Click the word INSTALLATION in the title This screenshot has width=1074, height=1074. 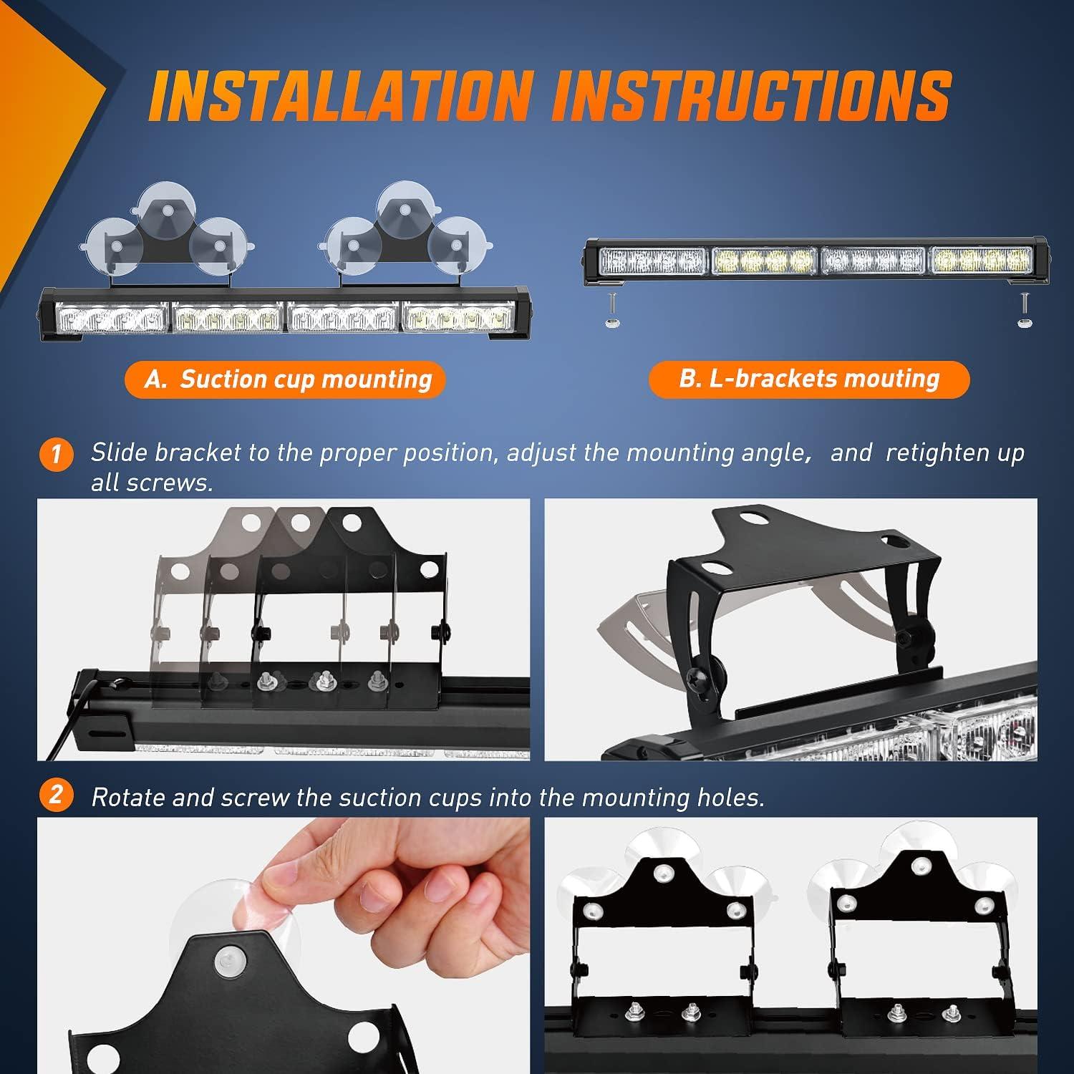point(341,95)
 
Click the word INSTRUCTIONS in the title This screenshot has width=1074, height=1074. point(750,95)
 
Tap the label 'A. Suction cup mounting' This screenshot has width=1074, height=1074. point(285,379)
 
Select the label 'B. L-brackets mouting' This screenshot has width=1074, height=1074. point(808,379)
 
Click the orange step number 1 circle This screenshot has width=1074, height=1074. point(57,455)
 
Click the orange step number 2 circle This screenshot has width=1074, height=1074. point(57,795)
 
